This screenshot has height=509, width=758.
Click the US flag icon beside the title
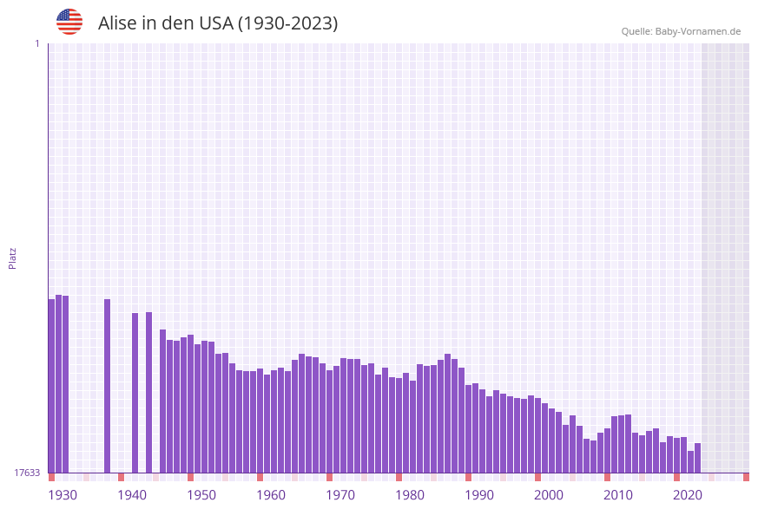pyautogui.click(x=69, y=22)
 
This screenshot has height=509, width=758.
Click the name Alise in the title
pyautogui.click(x=117, y=23)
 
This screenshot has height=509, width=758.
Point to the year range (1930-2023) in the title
pyautogui.click(x=287, y=23)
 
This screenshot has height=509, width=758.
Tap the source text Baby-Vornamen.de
pyautogui.click(x=697, y=31)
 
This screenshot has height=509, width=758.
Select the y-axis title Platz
pyautogui.click(x=13, y=258)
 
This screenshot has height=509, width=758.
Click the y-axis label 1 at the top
pyautogui.click(x=36, y=43)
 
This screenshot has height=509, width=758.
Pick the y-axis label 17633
pyautogui.click(x=27, y=473)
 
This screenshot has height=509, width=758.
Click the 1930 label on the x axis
pyautogui.click(x=63, y=495)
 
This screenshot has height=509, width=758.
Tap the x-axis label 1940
pyautogui.click(x=132, y=495)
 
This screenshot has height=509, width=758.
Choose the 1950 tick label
pyautogui.click(x=201, y=495)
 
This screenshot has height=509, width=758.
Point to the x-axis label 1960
pyautogui.click(x=271, y=495)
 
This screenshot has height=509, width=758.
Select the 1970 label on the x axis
pyautogui.click(x=340, y=495)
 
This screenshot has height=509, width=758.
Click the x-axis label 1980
pyautogui.click(x=410, y=495)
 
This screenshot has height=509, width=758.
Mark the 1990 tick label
pyautogui.click(x=479, y=495)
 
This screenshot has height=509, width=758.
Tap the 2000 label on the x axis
pyautogui.click(x=549, y=495)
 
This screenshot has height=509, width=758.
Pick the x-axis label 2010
pyautogui.click(x=618, y=495)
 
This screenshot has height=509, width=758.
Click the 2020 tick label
pyautogui.click(x=688, y=495)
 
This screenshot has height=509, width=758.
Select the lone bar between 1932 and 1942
pyautogui.click(x=108, y=386)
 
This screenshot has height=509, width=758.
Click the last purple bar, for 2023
pyautogui.click(x=697, y=458)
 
